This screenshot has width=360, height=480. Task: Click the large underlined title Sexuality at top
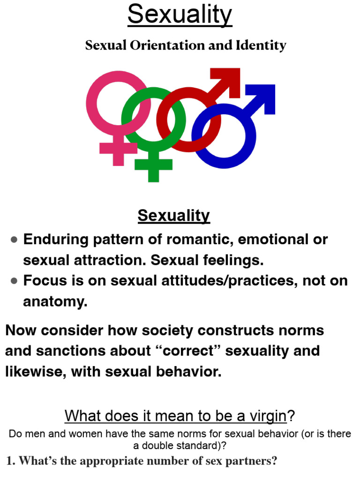coord(180,15)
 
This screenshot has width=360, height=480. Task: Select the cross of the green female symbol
coord(153,165)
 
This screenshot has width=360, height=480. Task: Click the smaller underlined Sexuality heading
coord(174,216)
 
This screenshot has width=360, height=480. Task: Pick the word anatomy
coord(55,301)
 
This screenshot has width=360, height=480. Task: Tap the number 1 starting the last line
coord(10,461)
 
